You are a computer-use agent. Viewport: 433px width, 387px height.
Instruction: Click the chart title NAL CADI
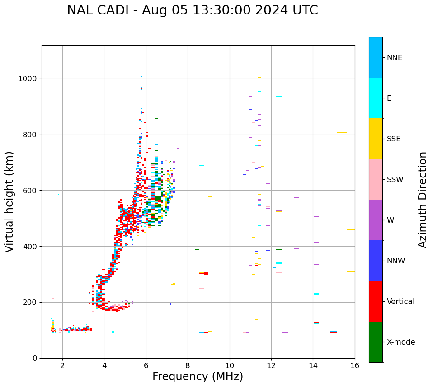pyautogui.click(x=192, y=10)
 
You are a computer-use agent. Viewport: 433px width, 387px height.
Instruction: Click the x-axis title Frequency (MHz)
pyautogui.click(x=198, y=377)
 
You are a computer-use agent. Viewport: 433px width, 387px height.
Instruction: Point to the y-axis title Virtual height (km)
pyautogui.click(x=9, y=201)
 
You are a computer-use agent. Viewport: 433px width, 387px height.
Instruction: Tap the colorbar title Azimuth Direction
pyautogui.click(x=423, y=200)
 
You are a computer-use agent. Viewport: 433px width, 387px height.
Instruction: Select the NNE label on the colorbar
pyautogui.click(x=394, y=58)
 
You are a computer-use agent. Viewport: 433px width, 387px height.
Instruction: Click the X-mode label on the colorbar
pyautogui.click(x=401, y=342)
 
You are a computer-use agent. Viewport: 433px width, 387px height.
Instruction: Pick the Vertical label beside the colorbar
pyautogui.click(x=400, y=302)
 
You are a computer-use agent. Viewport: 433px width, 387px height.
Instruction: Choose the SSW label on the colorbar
pyautogui.click(x=395, y=180)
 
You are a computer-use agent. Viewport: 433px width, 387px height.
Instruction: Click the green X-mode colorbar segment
pyautogui.click(x=376, y=342)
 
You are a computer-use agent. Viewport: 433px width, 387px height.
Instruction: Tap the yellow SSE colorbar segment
pyautogui.click(x=376, y=139)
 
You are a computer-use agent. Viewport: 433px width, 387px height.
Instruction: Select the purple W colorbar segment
pyautogui.click(x=376, y=220)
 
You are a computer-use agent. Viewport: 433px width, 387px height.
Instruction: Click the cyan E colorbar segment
pyautogui.click(x=376, y=98)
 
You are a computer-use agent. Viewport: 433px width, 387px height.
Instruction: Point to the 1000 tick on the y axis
pyautogui.click(x=28, y=79)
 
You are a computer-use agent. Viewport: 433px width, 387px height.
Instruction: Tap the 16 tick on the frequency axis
pyautogui.click(x=355, y=365)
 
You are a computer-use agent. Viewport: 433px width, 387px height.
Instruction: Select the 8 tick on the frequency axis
pyautogui.click(x=188, y=365)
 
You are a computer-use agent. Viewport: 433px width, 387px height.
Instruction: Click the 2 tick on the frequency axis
pyautogui.click(x=62, y=365)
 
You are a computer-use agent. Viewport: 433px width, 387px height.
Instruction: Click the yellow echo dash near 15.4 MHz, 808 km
pyautogui.click(x=342, y=132)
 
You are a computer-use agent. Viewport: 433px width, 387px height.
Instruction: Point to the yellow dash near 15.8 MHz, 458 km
pyautogui.click(x=351, y=230)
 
